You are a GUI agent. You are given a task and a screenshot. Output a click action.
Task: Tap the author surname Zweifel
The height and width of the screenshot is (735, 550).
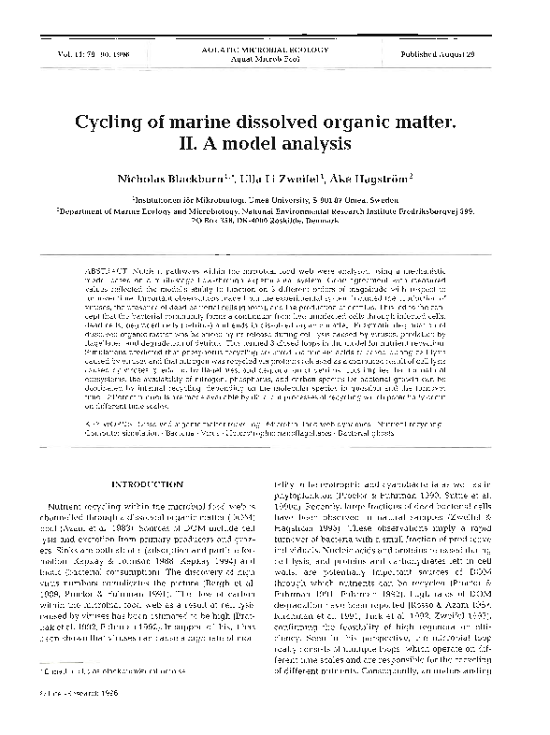pyautogui.click(x=323, y=178)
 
